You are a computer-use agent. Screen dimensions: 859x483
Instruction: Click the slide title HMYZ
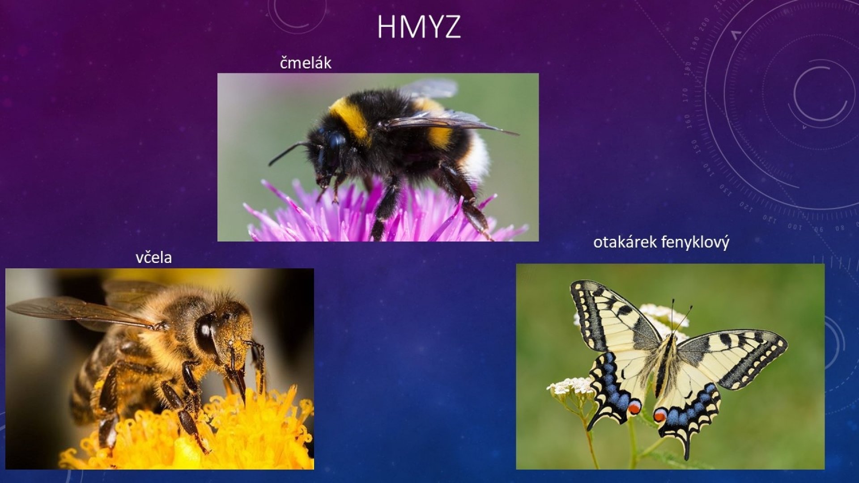pos(419,27)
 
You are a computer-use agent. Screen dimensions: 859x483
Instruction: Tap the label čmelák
pos(306,63)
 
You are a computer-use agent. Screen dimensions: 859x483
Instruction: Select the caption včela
pos(153,257)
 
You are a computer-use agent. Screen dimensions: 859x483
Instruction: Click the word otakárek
pos(625,242)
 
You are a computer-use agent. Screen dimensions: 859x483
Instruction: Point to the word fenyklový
pos(695,243)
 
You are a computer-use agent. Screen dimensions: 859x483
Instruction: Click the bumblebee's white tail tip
pos(478,157)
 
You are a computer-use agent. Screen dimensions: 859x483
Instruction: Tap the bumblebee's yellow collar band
pos(351,118)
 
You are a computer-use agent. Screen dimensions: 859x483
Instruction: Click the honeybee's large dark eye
pos(206,333)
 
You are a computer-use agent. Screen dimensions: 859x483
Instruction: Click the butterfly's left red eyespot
pos(634,407)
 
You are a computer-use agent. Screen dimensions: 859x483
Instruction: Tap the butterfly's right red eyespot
pos(659,415)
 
